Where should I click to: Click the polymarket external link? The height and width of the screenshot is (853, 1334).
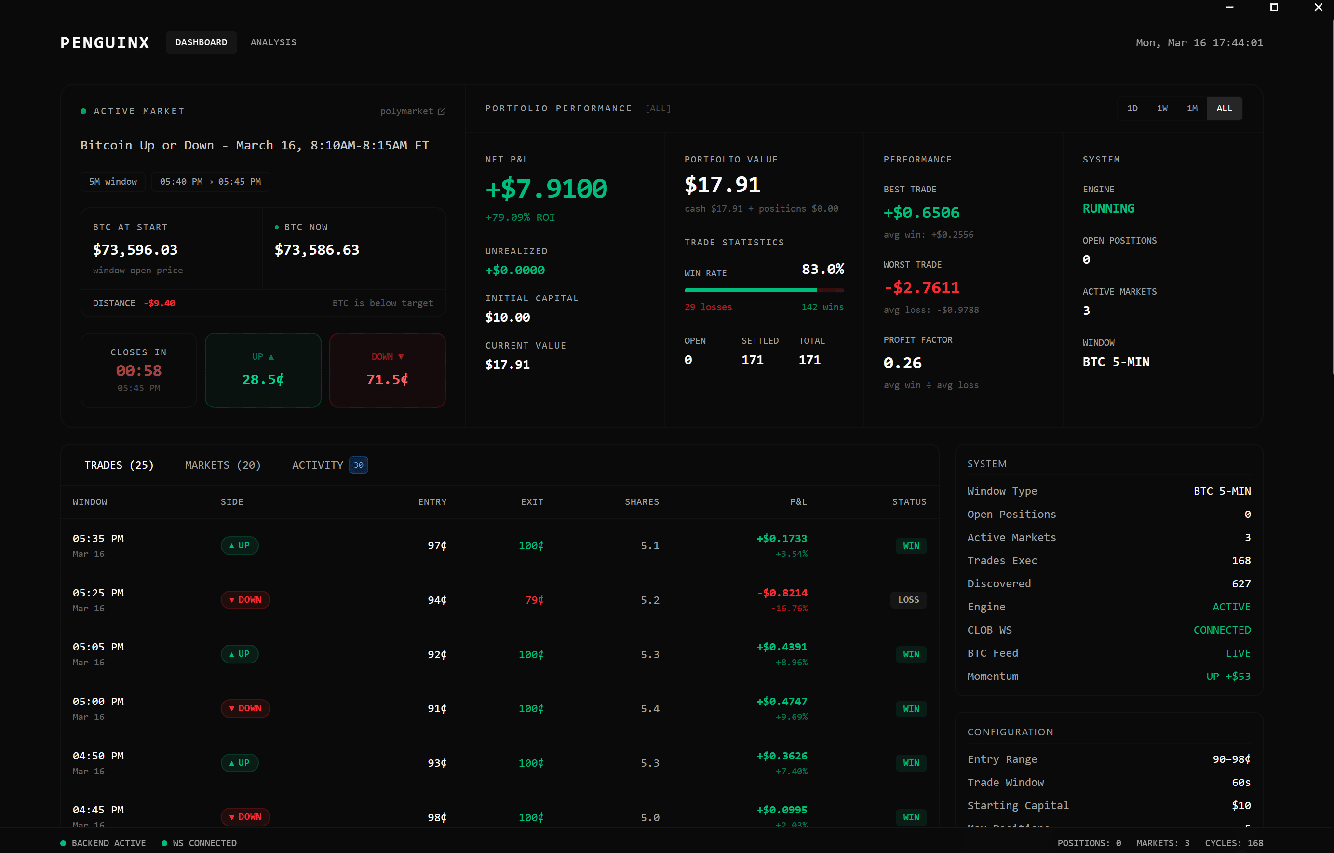pos(412,111)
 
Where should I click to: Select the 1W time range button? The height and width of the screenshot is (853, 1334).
pos(1162,108)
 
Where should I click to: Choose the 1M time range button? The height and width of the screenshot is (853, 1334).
pos(1192,108)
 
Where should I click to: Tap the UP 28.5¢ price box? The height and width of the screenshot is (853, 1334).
pos(263,370)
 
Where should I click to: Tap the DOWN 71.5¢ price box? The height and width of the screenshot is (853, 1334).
pos(387,370)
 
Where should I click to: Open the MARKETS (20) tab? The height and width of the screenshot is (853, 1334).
pos(223,465)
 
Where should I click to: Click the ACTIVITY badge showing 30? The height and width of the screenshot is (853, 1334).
pos(358,465)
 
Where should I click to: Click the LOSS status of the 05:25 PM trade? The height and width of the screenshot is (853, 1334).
pos(908,600)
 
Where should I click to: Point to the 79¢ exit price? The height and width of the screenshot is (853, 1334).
pos(534,600)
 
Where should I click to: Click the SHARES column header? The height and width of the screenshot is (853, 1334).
pos(642,501)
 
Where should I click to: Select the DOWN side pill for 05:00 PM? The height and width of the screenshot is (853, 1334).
pos(245,708)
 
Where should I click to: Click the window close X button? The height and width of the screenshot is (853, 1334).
pos(1318,8)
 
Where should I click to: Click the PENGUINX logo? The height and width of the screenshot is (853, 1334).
pos(105,43)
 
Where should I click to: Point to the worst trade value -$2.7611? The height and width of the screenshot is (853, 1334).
pos(921,288)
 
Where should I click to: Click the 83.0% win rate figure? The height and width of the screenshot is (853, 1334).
pos(822,270)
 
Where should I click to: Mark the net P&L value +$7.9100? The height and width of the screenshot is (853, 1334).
pos(546,189)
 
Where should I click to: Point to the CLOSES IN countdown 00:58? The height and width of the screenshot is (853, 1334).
pos(138,371)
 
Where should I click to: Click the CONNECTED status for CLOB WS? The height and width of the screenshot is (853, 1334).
pos(1222,630)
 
